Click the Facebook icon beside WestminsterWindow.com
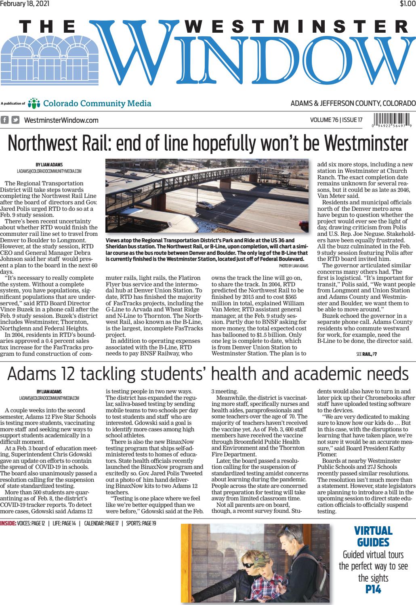point(5,120)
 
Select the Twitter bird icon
point(15,120)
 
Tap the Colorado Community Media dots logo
point(35,103)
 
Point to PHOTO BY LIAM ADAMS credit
point(293,266)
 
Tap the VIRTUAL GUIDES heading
point(373,536)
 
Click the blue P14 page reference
point(373,589)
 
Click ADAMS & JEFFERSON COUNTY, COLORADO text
point(353,103)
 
